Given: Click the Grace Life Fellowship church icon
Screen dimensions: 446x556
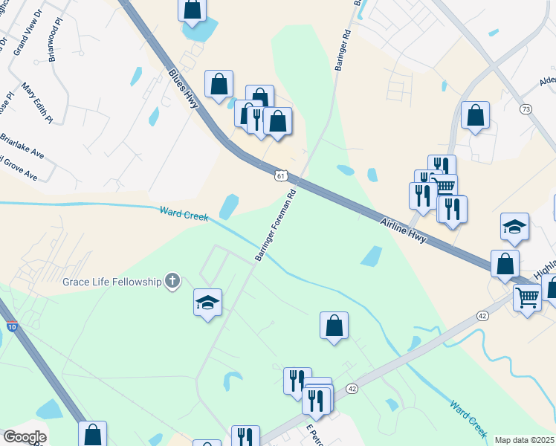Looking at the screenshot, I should (x=172, y=281).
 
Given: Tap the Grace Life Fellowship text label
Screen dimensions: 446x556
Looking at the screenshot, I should (x=112, y=282).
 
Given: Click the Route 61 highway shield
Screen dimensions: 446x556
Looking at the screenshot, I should (x=279, y=175).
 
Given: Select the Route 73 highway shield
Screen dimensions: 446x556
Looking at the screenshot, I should (x=526, y=109).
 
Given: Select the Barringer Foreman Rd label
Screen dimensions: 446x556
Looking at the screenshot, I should (x=276, y=224).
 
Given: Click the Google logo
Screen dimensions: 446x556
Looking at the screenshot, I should (x=25, y=437).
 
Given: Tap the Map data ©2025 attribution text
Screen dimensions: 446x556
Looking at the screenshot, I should (x=525, y=440).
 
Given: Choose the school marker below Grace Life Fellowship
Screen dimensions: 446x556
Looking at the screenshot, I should (x=208, y=302).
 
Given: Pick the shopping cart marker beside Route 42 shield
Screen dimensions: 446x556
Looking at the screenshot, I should (x=527, y=297).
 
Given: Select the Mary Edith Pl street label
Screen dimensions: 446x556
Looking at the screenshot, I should (x=37, y=102).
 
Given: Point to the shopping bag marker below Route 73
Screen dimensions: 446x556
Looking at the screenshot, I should (x=476, y=115).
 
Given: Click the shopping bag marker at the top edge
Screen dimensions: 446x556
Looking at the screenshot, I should (x=192, y=9).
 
